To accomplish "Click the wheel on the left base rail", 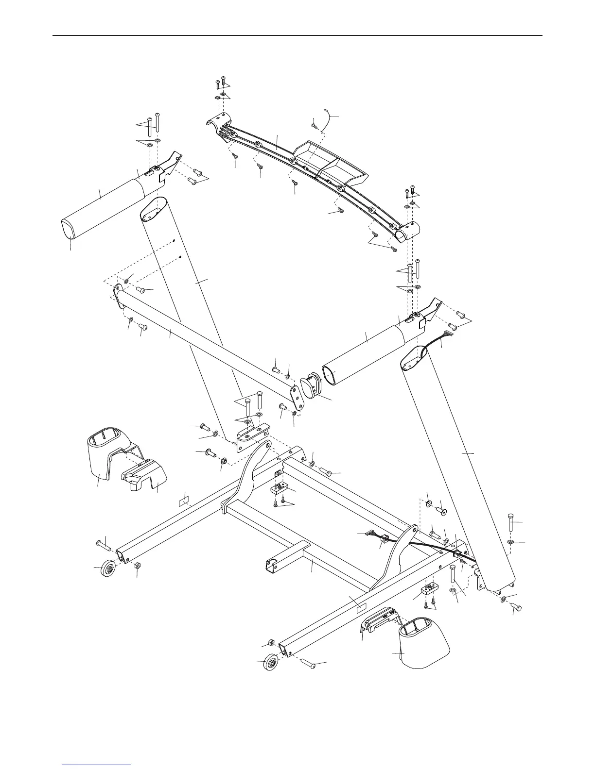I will point(107,568).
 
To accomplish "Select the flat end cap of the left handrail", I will point(69,229).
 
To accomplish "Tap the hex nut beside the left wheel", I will point(137,566).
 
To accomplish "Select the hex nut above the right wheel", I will point(272,643).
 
